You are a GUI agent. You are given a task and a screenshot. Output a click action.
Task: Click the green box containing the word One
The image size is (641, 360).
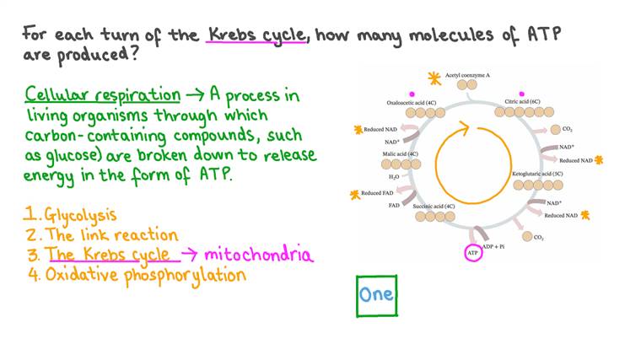pos(376,295)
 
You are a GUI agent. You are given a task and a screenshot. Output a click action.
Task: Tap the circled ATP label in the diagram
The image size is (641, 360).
pos(472,252)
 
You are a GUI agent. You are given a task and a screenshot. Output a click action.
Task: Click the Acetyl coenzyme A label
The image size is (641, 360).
pos(467,76)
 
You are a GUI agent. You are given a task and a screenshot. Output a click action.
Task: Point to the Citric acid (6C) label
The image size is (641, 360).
pos(522,101)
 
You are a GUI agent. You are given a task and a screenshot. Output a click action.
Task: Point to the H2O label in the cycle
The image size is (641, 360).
pos(394,177)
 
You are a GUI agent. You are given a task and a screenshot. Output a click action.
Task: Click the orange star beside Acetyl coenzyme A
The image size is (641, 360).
pos(434,78)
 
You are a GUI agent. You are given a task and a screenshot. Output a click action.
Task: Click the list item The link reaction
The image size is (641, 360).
pos(110,234)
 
